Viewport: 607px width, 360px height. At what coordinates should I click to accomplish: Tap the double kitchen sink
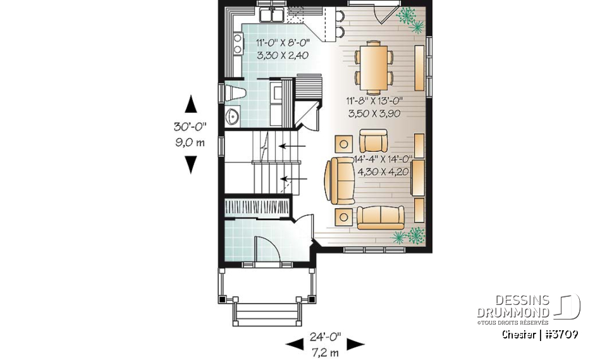pyautogui.click(x=273, y=15)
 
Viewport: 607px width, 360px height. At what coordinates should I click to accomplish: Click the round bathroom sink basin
pyautogui.click(x=232, y=116)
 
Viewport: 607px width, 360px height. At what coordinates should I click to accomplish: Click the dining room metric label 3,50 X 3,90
pyautogui.click(x=374, y=114)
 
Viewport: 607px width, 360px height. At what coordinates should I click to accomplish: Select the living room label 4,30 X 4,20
pyautogui.click(x=384, y=170)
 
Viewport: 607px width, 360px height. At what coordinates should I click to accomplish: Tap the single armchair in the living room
pyautogui.click(x=372, y=140)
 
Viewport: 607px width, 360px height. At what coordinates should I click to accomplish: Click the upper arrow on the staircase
pyautogui.click(x=291, y=146)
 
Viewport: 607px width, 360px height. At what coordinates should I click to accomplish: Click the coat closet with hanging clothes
pyautogui.click(x=257, y=208)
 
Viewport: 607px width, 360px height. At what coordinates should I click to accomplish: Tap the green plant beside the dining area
pyautogui.click(x=410, y=19)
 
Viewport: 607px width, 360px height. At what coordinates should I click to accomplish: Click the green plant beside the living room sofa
pyautogui.click(x=408, y=236)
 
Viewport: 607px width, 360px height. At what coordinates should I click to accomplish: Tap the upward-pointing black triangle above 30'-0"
pyautogui.click(x=190, y=104)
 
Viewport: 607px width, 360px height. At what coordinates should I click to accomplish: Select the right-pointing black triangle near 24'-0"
pyautogui.click(x=356, y=344)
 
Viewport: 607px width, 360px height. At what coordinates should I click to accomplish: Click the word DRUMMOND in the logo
pyautogui.click(x=513, y=312)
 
